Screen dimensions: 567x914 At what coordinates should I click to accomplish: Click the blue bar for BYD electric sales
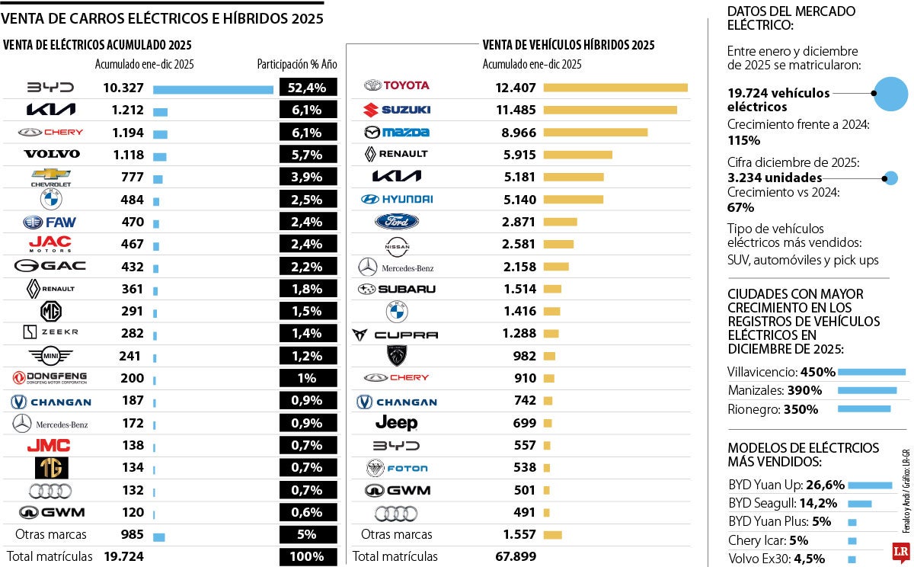tap(213, 89)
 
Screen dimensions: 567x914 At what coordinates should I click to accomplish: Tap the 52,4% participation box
tap(308, 88)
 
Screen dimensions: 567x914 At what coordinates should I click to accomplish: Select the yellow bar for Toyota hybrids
tap(615, 88)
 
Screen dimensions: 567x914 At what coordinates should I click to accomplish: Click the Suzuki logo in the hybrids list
tap(397, 110)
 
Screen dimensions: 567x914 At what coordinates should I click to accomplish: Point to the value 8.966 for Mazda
tap(516, 133)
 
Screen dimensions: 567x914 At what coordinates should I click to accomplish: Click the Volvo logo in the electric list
tap(52, 154)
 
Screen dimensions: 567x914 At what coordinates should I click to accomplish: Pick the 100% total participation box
tap(308, 556)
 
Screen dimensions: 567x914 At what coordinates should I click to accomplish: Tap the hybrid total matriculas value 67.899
tap(516, 556)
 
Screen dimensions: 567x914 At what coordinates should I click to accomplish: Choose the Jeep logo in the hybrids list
tap(397, 423)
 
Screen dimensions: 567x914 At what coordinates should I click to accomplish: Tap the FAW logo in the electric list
tap(50, 223)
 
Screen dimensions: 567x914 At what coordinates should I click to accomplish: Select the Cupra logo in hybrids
tap(395, 335)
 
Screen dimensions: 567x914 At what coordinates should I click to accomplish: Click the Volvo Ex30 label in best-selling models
tap(759, 559)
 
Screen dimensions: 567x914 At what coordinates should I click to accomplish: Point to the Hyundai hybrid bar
tap(573, 200)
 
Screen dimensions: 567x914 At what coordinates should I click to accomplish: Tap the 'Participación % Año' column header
tap(296, 65)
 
